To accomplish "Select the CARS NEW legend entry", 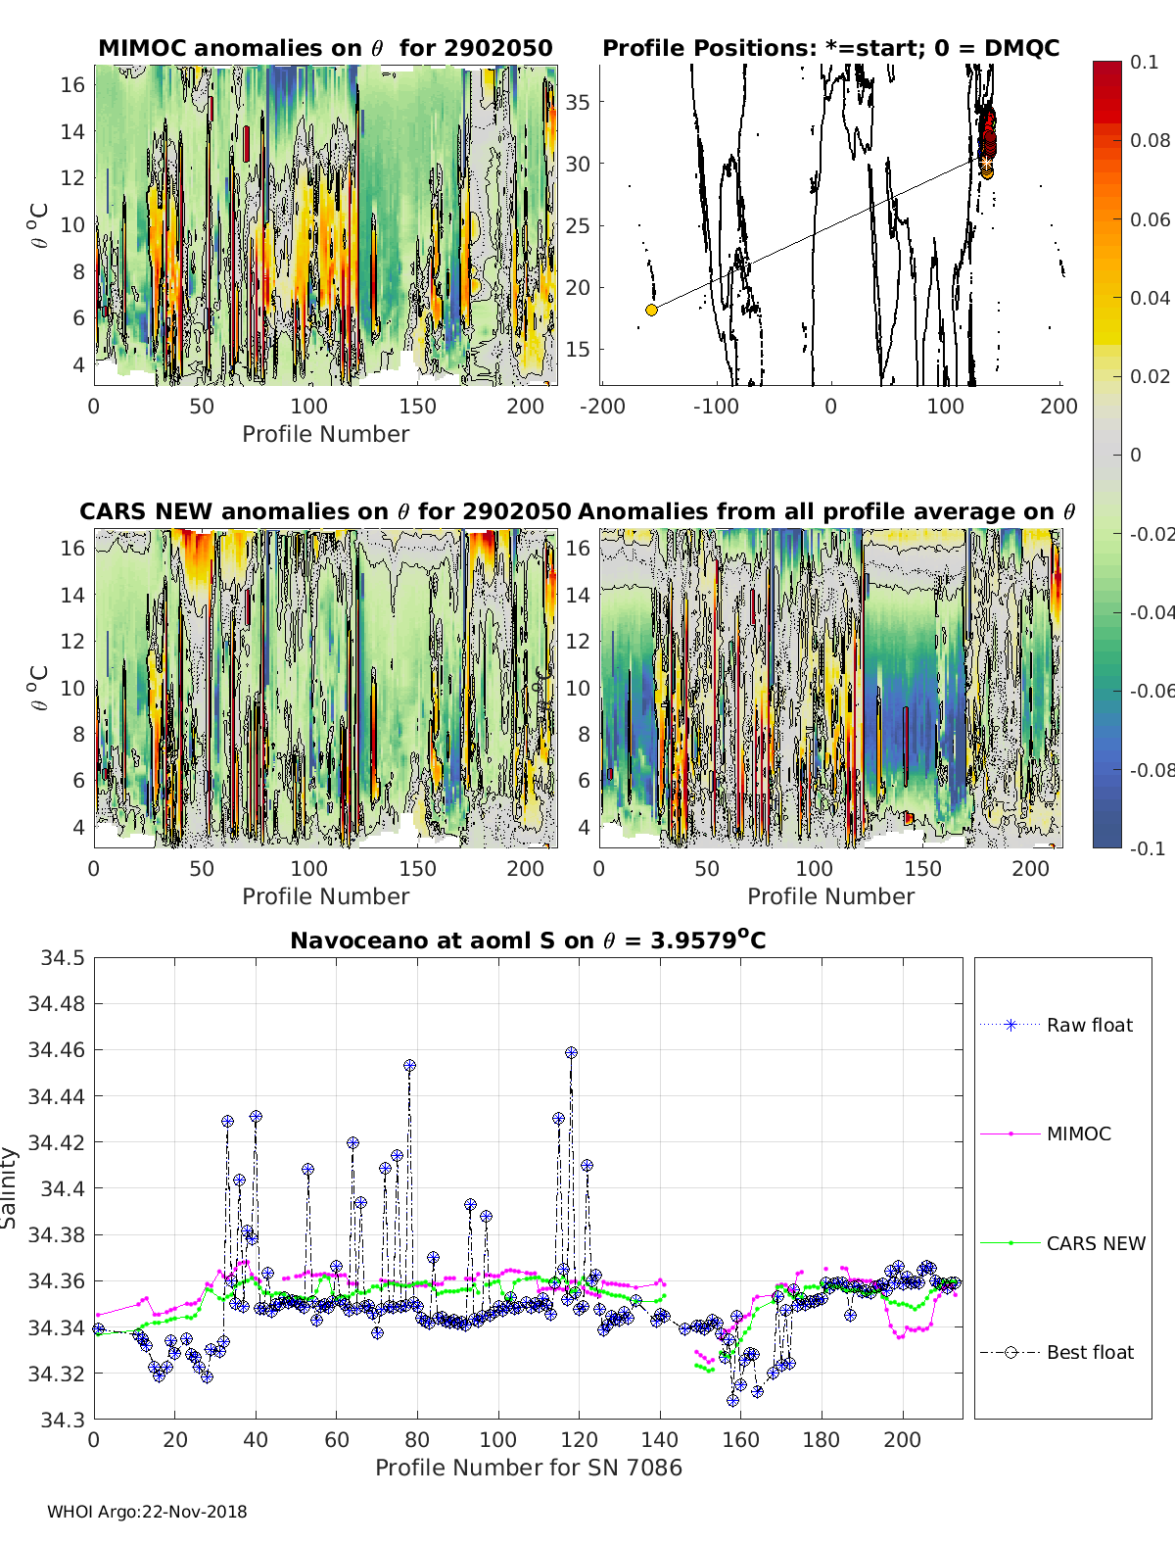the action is pos(1062,1243).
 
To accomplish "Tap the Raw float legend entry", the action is pos(1057,1025).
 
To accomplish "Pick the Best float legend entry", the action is pos(1057,1353).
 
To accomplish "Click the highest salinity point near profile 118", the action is pos(571,1052).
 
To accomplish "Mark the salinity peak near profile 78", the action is pos(409,1066).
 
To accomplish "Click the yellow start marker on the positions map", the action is pos(651,310).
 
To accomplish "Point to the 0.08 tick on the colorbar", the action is pos(1150,141).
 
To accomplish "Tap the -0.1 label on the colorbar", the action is pos(1148,848).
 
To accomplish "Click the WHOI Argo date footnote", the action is pos(147,1512).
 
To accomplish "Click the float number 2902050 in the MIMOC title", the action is pos(498,48).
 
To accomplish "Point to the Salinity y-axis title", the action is pos(9,1187).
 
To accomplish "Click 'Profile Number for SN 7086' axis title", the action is pos(528,1468).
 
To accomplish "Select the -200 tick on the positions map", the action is pos(602,407).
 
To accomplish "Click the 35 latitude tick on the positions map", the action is pos(578,102).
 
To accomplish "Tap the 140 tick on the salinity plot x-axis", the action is pos(660,1440).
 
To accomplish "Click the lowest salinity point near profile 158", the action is pos(732,1401).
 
